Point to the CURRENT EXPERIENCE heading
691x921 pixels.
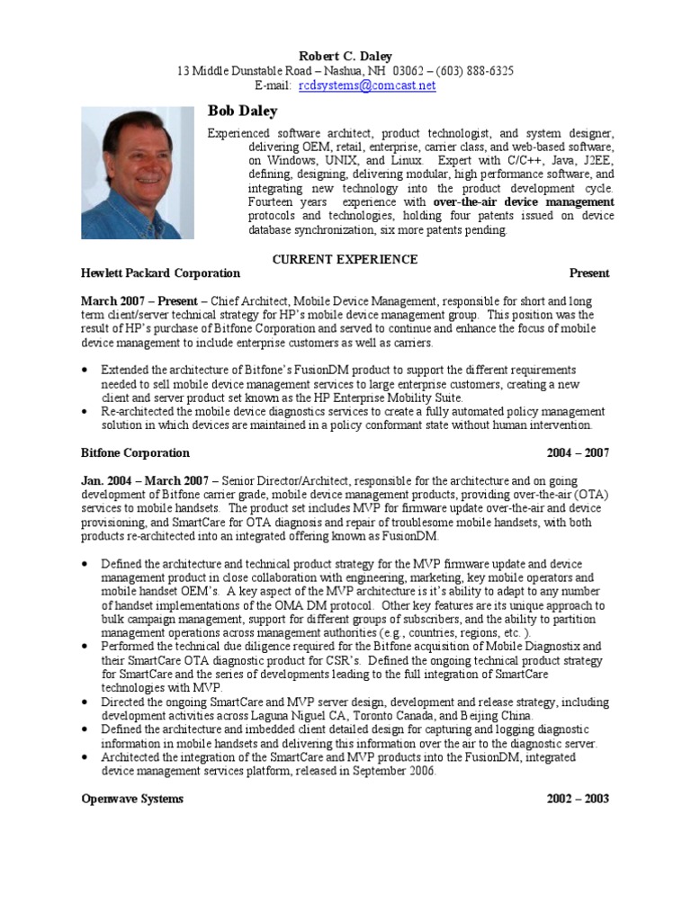point(345,259)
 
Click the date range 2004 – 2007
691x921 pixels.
point(578,452)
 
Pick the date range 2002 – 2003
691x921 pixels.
point(578,799)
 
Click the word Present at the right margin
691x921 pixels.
point(589,273)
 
